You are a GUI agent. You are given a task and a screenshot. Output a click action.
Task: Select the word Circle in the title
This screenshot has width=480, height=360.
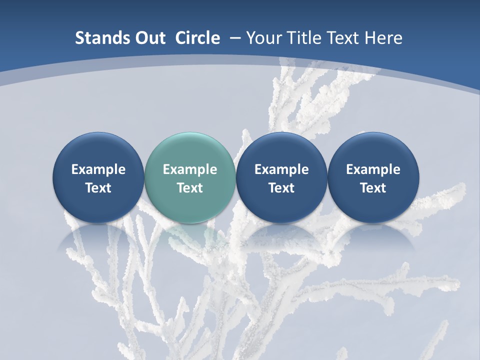197,38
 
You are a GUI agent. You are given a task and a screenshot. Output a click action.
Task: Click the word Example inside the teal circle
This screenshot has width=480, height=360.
190,169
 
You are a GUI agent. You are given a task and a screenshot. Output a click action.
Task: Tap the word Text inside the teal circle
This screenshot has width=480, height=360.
190,188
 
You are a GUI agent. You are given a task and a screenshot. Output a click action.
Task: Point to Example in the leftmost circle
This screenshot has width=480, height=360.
98,169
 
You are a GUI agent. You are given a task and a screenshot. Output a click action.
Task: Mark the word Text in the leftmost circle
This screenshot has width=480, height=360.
98,188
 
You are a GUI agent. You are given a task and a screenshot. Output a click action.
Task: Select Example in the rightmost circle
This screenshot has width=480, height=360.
373,169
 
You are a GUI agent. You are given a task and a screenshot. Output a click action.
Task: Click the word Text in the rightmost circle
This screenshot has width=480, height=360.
373,188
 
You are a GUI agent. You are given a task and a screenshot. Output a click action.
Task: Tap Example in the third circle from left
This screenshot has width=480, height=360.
281,169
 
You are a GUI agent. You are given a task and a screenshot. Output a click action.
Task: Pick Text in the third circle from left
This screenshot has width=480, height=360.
281,188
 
